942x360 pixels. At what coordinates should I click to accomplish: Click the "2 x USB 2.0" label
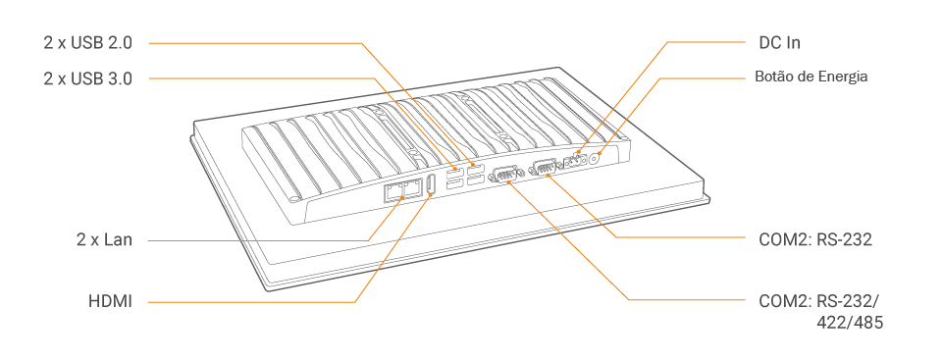87,43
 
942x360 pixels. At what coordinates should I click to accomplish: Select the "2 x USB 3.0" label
87,78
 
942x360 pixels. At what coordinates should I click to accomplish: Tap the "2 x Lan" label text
104,239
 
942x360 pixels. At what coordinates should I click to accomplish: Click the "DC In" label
780,43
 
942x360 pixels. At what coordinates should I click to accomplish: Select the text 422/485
850,323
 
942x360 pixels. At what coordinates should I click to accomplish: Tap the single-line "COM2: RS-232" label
815,239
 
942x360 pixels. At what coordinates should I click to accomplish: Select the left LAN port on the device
393,191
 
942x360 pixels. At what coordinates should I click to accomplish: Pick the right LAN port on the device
413,190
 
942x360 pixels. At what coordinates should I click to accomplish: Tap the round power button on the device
596,159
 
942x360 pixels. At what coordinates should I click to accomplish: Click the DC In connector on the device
575,162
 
